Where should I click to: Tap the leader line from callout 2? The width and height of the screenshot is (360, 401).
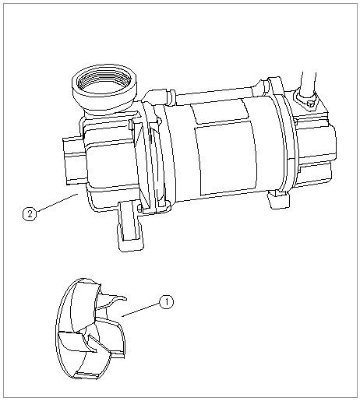pyautogui.click(x=55, y=204)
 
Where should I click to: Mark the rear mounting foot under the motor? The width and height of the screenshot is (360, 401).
pyautogui.click(x=279, y=200)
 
